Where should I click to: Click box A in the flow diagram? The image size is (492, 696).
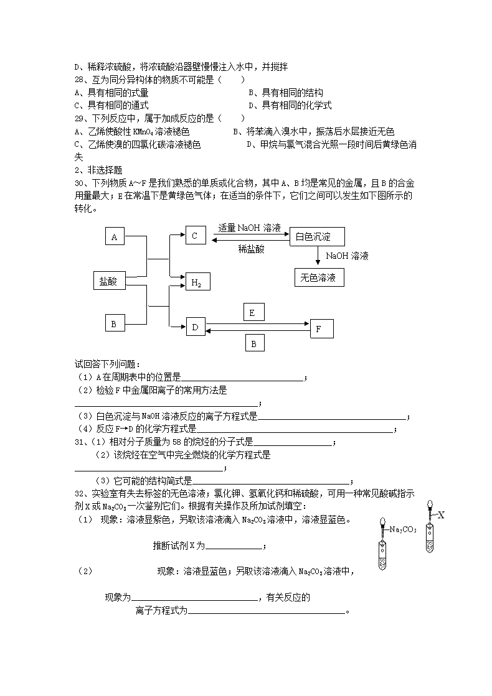114,237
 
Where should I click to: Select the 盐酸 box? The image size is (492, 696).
108,281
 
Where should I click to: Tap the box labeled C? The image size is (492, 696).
195,236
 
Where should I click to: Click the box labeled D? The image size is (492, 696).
196,327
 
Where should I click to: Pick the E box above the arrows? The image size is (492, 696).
252,313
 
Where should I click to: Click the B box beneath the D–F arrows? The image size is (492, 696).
253,343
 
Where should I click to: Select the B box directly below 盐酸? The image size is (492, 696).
114,324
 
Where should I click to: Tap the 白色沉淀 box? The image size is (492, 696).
317,237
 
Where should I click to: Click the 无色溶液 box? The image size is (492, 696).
318,278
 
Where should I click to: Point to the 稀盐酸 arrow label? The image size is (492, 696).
251,249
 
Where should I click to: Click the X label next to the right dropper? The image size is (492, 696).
441,514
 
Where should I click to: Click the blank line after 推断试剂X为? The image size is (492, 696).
234,546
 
